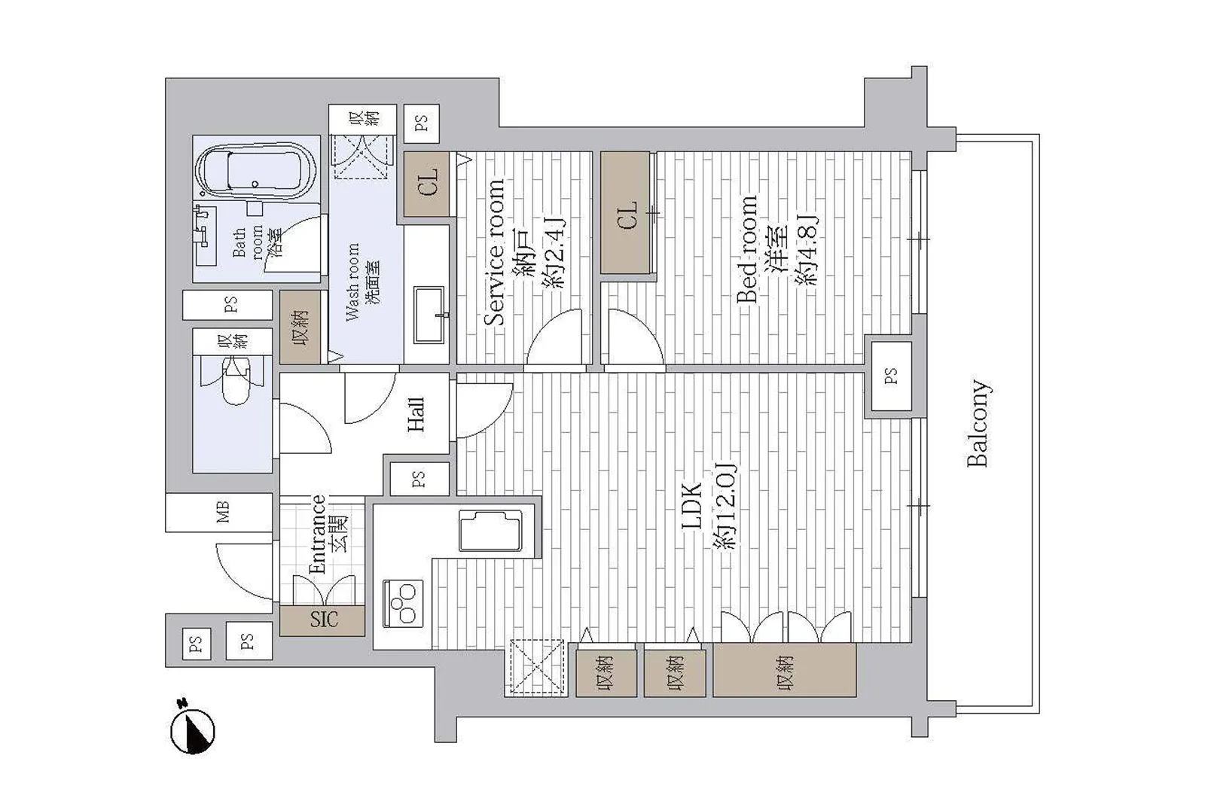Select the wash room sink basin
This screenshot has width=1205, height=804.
tap(429, 315)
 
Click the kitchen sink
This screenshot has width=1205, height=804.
tap(490, 531)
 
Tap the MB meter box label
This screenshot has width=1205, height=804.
tap(223, 513)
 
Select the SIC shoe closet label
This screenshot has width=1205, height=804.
tap(324, 620)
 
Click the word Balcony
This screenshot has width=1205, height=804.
tap(978, 423)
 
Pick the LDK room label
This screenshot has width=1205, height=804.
tap(692, 507)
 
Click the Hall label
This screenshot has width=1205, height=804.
tap(416, 414)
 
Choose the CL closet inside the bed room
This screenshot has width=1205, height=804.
tap(625, 212)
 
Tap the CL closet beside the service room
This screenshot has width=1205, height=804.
tap(426, 184)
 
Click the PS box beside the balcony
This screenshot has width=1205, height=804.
tap(892, 376)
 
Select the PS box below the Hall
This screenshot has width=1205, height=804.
tap(419, 479)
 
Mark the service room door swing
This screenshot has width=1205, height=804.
tap(554, 338)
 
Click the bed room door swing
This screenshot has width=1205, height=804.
tap(634, 338)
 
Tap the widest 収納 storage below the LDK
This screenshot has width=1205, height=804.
tap(785, 669)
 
